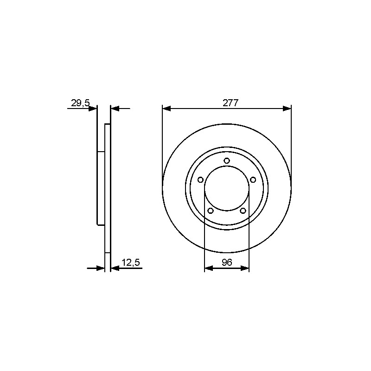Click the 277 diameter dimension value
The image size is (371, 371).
[230, 103]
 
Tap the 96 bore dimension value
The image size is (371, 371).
[227, 262]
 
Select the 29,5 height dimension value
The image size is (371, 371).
[81, 103]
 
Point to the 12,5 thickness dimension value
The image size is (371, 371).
[131, 262]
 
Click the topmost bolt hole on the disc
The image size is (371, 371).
[227, 161]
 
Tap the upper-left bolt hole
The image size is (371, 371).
[200, 180]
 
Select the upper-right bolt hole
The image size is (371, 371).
[253, 180]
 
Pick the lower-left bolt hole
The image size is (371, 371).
[211, 211]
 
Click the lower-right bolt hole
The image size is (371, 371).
[243, 211]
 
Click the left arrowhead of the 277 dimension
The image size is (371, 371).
[166, 109]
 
